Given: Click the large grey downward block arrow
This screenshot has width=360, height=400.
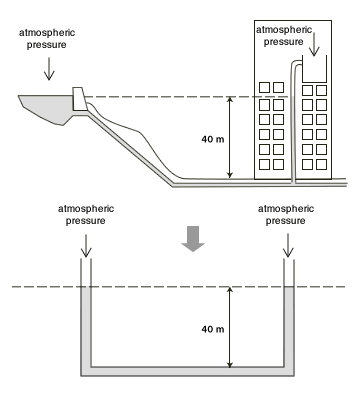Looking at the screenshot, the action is pos(193,239).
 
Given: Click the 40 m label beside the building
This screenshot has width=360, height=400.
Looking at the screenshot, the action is pos(213,139).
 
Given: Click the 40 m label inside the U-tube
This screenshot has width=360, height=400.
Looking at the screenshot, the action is pos(213,329).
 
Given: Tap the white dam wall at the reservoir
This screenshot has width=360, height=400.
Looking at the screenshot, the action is pos(79,99).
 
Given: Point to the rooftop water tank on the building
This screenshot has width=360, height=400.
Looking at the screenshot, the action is pos(314,69).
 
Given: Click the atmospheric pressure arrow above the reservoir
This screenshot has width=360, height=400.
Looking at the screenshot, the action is pos(49,69).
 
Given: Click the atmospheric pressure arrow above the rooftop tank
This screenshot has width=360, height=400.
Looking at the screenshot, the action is pos(314,44).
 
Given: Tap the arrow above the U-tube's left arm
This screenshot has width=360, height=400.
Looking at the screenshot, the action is pos(86,246).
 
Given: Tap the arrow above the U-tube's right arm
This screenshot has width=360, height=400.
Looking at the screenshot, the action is pos(288,246).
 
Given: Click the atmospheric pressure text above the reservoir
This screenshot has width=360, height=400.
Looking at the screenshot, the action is pos(47,39).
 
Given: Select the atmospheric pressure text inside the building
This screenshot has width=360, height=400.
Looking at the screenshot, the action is pos(284,36).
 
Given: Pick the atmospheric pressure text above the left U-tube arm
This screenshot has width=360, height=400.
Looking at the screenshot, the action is pos(86,215).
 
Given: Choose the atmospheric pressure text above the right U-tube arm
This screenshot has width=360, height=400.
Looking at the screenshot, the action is pos(286,215).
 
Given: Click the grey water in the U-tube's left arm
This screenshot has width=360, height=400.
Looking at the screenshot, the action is pos(86,327).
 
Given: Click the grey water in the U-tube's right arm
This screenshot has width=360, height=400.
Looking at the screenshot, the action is pos(289,327).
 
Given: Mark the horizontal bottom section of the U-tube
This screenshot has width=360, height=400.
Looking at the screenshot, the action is pos(187,372).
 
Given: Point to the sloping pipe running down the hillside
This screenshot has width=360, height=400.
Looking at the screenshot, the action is pos(130,149).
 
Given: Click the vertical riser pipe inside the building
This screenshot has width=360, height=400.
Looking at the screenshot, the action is pos(293,122).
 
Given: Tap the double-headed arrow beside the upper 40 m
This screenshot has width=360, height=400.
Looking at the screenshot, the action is pos(229,137).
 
